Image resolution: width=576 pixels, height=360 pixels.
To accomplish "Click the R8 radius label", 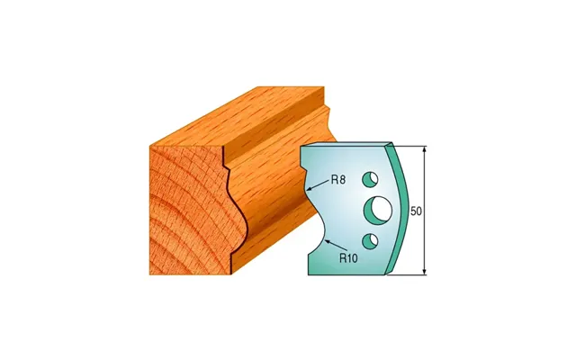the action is (338, 180).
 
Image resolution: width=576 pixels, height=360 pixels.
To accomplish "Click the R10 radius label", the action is (348, 258).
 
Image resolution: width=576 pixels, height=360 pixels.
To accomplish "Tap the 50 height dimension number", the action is (416, 211).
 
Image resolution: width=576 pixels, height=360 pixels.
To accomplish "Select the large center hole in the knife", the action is (378, 210).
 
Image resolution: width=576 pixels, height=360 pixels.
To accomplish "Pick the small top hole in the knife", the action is (370, 179).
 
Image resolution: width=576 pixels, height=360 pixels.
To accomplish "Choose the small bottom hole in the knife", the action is (370, 240).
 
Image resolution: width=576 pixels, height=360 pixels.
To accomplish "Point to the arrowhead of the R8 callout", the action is (310, 189).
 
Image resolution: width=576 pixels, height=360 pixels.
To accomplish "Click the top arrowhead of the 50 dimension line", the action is (425, 150).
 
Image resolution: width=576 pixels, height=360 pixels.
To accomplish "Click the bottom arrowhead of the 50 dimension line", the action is (425, 271).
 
